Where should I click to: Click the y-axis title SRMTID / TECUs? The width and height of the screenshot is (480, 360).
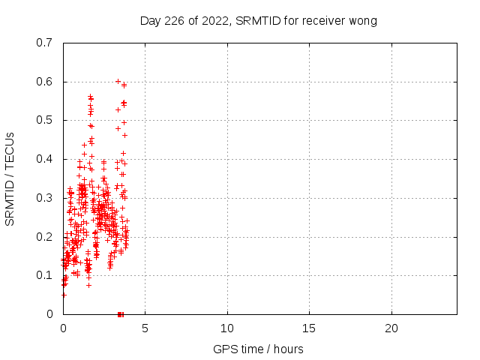tap(10, 178)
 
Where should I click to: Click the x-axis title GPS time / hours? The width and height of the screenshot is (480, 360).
tap(258, 349)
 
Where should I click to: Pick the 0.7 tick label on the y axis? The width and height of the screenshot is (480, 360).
tap(45, 43)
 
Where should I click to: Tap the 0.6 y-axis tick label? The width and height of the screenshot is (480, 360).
tap(45, 82)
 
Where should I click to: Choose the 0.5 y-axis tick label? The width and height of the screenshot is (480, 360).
tap(45, 120)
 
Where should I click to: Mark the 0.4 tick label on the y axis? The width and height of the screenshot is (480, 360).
tap(45, 159)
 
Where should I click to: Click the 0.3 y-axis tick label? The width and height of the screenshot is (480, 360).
tap(45, 198)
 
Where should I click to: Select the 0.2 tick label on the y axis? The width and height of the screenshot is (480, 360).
tap(45, 236)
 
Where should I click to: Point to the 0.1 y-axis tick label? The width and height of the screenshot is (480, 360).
tap(45, 275)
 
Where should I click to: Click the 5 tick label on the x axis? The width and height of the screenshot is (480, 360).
tap(145, 328)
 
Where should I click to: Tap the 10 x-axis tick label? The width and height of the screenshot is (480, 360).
tap(227, 328)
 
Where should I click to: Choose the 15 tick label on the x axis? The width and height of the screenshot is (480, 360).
tap(309, 328)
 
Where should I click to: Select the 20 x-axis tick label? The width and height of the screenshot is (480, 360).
tap(391, 328)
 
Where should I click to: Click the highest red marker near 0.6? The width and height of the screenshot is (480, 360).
tap(118, 81)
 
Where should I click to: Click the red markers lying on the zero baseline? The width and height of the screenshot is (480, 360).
tap(120, 313)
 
